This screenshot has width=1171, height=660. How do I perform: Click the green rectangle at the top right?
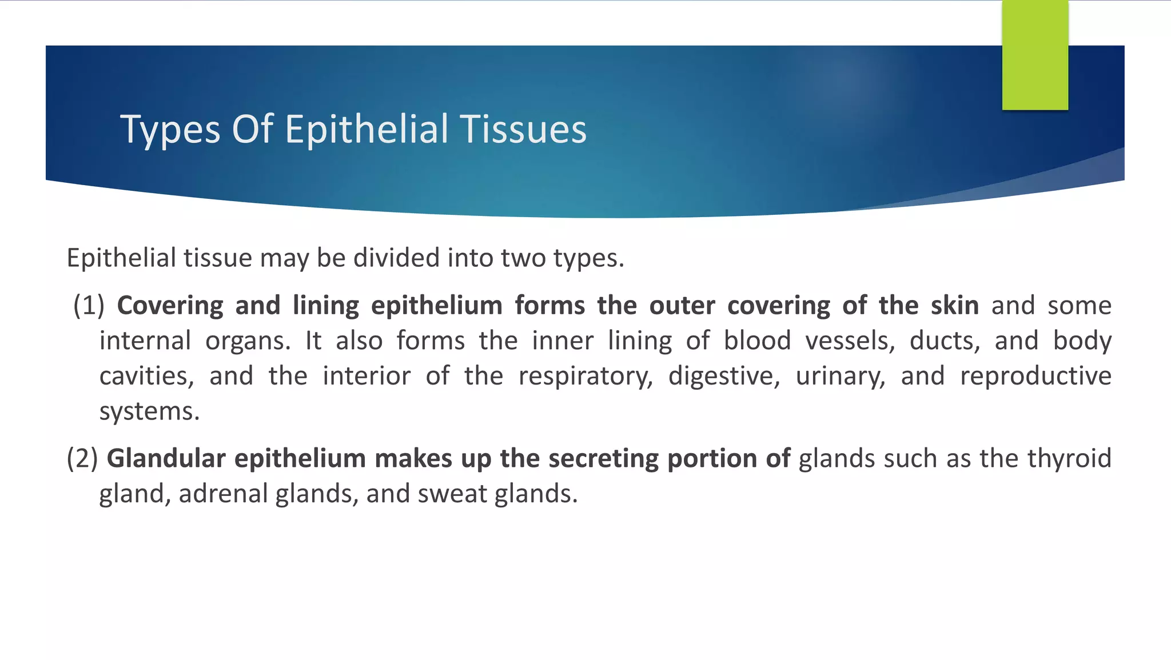coord(1035,55)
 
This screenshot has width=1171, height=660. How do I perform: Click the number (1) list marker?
coord(89,306)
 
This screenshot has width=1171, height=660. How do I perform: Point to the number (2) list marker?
coord(82,459)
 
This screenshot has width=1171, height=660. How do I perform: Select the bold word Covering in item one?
coord(170,306)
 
